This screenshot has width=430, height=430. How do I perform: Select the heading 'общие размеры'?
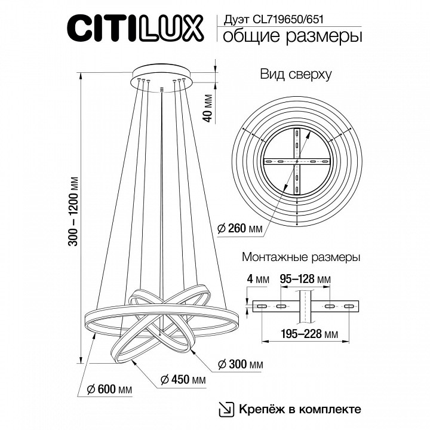click(292, 37)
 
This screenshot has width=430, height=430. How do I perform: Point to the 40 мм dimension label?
click(208, 107)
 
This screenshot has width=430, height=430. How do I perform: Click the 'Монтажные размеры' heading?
click(300, 258)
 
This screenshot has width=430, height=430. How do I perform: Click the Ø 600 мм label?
click(109, 389)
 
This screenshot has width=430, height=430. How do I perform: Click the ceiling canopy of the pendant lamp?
click(161, 75)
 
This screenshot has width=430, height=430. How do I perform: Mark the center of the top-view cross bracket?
click(297, 162)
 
